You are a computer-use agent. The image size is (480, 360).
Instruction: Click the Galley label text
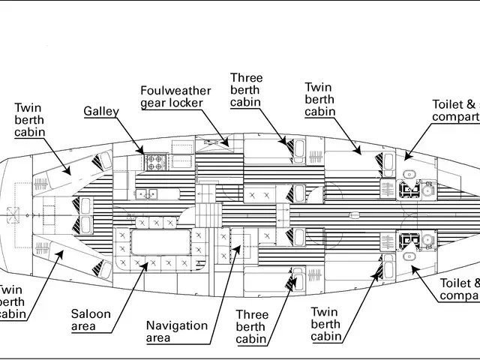point(101,112)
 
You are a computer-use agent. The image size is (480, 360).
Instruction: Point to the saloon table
point(161,244)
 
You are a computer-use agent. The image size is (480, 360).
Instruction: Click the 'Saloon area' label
point(91,320)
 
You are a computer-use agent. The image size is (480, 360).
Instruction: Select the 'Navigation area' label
point(177,331)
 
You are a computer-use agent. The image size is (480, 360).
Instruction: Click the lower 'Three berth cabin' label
point(252,327)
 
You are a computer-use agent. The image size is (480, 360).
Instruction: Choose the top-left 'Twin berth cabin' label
point(29,120)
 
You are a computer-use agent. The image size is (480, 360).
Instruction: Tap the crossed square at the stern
point(13,212)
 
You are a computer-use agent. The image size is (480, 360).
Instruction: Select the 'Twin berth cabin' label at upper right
point(319,99)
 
